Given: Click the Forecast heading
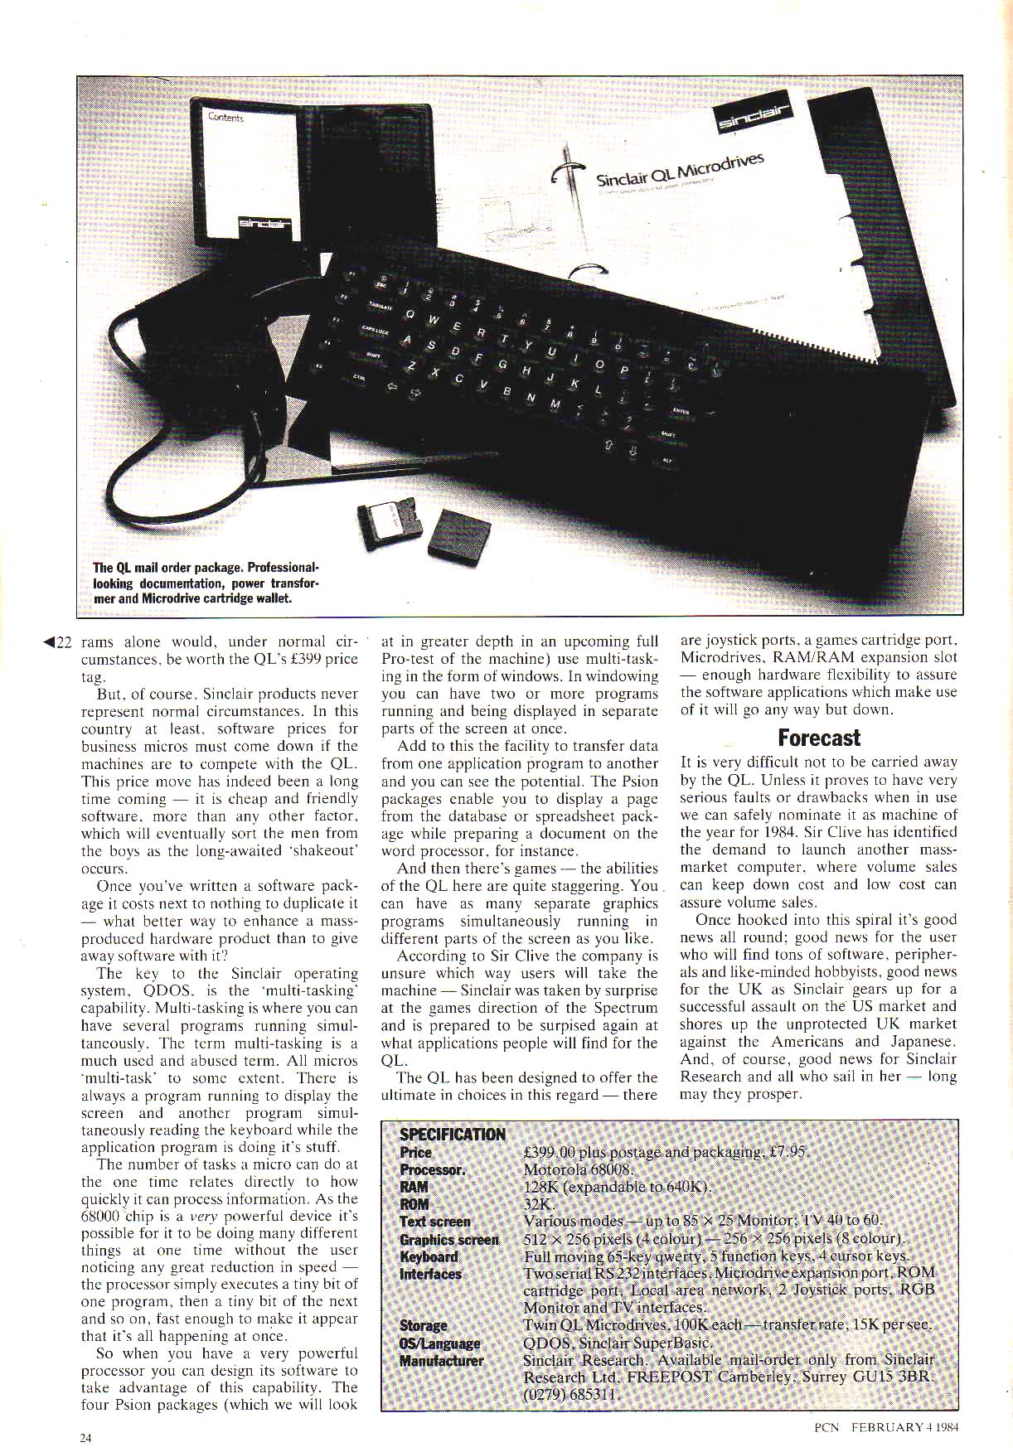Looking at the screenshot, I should point(818,738).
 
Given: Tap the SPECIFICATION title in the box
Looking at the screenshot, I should point(452,1135).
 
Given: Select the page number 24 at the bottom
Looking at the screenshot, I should point(85,1438).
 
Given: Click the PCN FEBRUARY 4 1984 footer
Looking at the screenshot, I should point(886,1427).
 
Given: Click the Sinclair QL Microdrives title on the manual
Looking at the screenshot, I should point(678,170).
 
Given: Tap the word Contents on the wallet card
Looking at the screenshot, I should point(225,118).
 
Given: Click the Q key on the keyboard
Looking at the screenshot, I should point(410,313).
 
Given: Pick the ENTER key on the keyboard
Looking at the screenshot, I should point(681,410).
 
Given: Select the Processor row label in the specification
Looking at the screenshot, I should point(432,1169).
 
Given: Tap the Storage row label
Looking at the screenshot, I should point(423,1325).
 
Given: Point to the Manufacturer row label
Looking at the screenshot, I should point(441,1360).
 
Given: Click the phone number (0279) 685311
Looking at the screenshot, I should point(570,1394).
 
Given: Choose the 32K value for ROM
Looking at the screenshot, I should point(538,1204).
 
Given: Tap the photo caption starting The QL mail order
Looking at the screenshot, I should point(205,583).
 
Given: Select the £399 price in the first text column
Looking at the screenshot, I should point(296,660).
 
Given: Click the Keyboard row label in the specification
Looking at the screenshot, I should point(428,1256).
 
